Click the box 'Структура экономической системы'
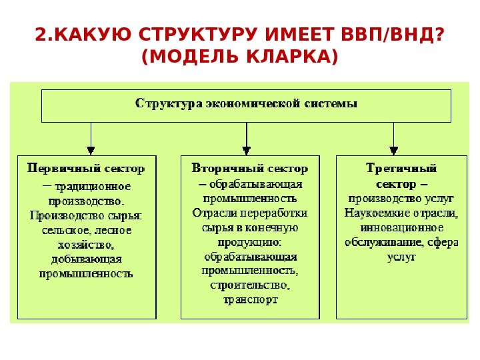pos(246,105)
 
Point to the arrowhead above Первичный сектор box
pos(91,150)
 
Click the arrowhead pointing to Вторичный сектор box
pos(247,150)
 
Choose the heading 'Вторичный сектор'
pos(250,168)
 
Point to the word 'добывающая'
pos(86,259)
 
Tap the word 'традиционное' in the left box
pos(93,187)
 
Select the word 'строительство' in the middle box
pos(249,285)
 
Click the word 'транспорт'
pos(249,300)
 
